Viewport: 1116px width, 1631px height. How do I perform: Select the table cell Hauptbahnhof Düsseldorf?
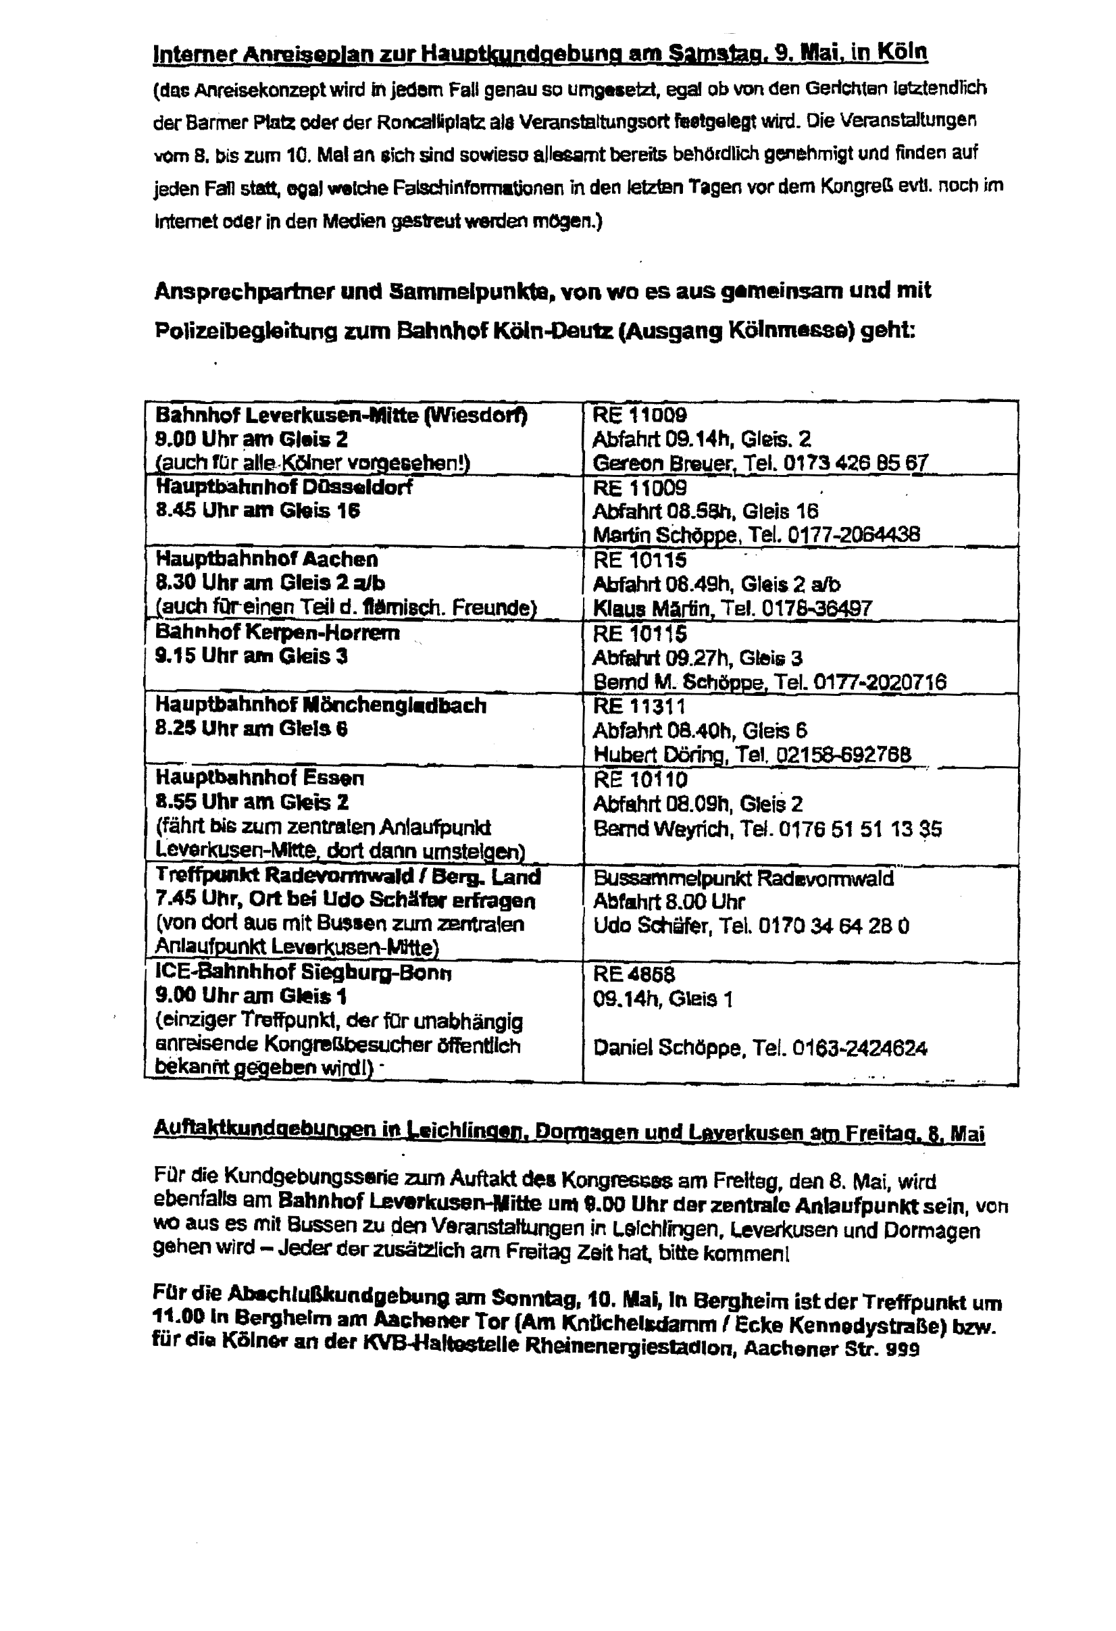(x=284, y=487)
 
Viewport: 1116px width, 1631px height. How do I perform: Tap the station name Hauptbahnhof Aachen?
(x=266, y=559)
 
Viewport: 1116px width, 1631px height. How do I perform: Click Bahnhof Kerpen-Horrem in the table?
(x=277, y=632)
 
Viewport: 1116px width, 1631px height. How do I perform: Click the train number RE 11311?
(x=638, y=705)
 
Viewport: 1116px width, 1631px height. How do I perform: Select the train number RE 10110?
(x=640, y=779)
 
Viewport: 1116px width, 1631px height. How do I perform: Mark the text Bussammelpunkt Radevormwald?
(x=743, y=878)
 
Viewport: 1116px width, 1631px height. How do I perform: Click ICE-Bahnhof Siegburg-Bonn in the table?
(x=303, y=973)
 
